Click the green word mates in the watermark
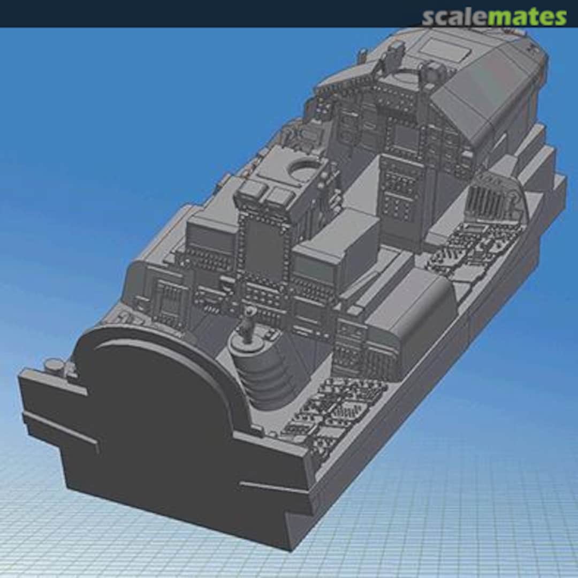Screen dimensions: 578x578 527,17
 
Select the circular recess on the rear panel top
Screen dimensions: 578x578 303,171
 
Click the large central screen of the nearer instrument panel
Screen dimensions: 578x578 264,252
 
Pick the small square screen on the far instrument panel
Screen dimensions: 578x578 405,137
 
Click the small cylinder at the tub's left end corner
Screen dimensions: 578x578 54,366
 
